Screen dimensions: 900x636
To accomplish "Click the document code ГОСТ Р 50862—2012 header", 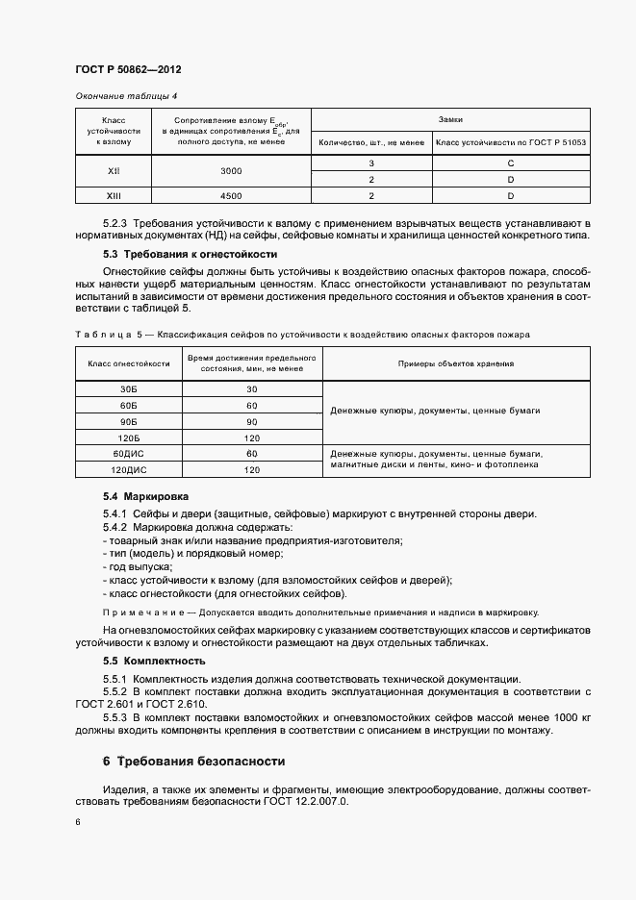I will tap(128, 71).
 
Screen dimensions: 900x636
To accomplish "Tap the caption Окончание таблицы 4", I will tap(126, 96).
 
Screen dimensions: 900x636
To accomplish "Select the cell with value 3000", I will tap(230, 170).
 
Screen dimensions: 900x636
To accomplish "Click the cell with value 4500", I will tap(230, 195).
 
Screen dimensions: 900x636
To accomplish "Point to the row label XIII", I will tap(114, 195).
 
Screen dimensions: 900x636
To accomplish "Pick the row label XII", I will tap(114, 170).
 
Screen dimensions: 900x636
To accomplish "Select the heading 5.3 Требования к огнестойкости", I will tap(190, 254).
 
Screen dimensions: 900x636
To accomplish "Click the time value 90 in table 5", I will tap(252, 421).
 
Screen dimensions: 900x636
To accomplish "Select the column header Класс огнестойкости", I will tap(129, 364).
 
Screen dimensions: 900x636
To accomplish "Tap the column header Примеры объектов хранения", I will tap(455, 364).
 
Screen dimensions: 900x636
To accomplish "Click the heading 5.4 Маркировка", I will tap(146, 496).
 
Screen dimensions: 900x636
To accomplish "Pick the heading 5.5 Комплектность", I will tap(154, 662).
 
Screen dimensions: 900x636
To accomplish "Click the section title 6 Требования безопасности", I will tap(193, 762).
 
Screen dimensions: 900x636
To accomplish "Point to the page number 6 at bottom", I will tap(78, 822).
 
